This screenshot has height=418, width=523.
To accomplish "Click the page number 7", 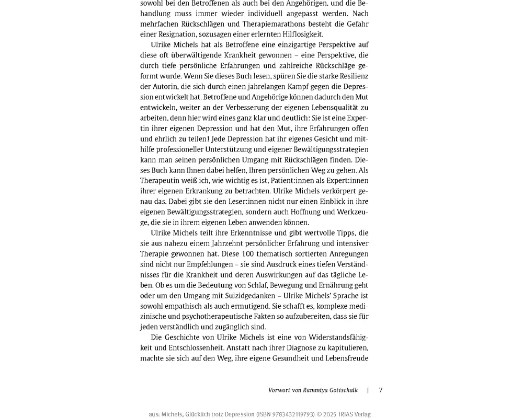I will (381, 390).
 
